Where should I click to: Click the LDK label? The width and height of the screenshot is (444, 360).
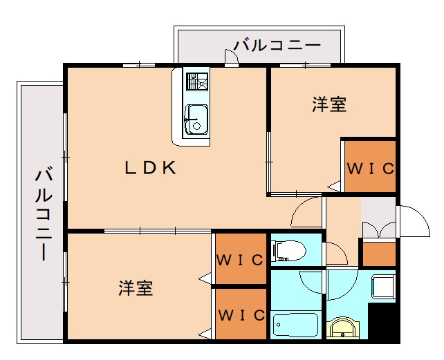click(x=151, y=167)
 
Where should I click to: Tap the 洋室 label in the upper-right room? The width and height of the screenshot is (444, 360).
click(x=329, y=105)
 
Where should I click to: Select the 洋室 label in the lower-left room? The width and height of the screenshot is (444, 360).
click(x=135, y=287)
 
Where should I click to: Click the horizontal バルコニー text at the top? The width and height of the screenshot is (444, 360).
click(x=277, y=46)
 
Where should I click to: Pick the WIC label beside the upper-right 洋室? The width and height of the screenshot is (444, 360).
click(x=370, y=168)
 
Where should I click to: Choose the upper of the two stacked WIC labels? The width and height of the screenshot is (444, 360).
click(x=241, y=260)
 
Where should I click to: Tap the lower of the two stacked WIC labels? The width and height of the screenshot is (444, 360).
click(x=241, y=314)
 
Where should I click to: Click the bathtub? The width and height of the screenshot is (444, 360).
click(x=294, y=323)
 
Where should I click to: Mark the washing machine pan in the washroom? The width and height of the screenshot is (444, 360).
click(x=383, y=286)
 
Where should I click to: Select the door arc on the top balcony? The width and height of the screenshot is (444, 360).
click(x=232, y=59)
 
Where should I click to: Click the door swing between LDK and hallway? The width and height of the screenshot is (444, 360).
click(x=306, y=213)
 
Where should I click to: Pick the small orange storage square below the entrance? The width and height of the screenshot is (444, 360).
click(x=378, y=253)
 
